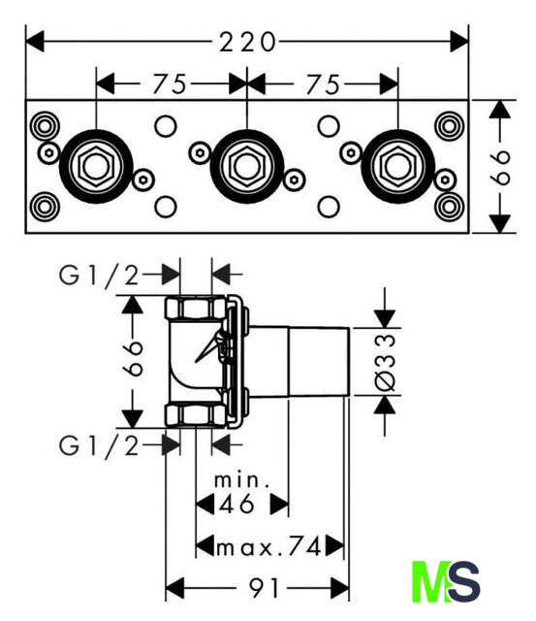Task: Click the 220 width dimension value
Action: click(x=247, y=42)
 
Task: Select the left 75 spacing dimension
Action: click(x=170, y=84)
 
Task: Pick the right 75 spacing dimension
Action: click(x=323, y=84)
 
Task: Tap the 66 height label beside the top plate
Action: click(x=500, y=167)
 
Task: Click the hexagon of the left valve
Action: click(x=96, y=166)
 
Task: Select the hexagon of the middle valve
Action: click(x=247, y=166)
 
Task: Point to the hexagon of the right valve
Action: click(x=397, y=166)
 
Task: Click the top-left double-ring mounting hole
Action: click(x=46, y=127)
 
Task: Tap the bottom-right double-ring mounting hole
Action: click(x=449, y=207)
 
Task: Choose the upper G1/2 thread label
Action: click(x=99, y=276)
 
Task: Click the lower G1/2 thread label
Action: click(x=99, y=446)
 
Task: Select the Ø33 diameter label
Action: click(x=385, y=362)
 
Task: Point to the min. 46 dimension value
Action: click(x=236, y=505)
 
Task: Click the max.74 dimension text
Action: click(x=268, y=547)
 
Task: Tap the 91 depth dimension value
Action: click(x=264, y=589)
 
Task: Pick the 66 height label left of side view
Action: click(x=132, y=358)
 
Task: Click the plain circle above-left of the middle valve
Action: click(x=166, y=126)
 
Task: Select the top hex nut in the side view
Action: click(x=196, y=308)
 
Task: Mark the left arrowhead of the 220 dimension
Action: click(x=35, y=42)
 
